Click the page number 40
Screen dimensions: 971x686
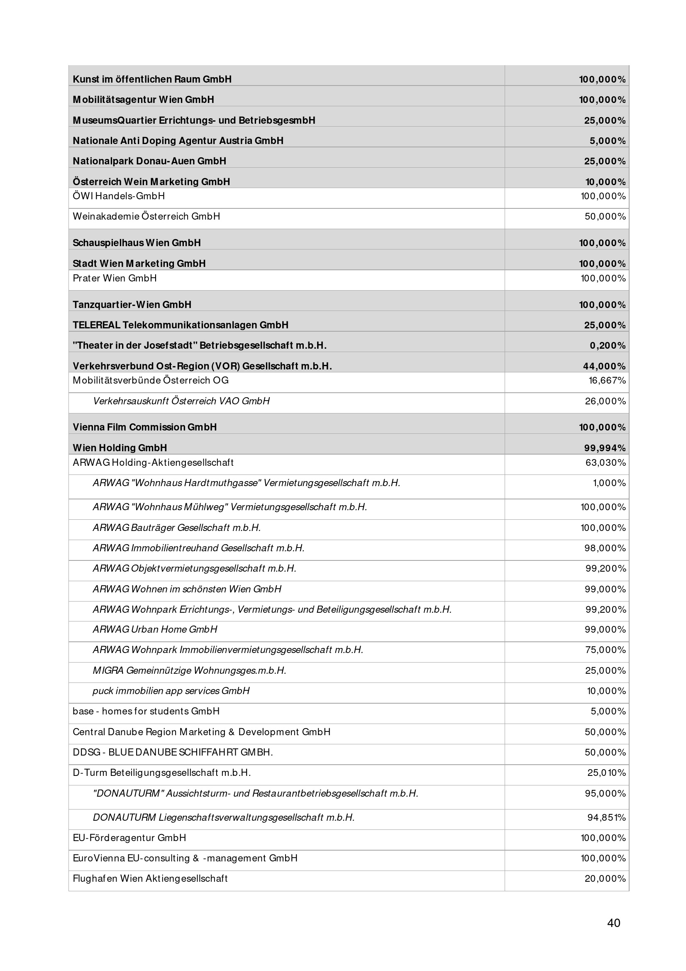[613, 922]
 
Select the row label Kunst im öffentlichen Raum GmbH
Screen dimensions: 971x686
[152, 79]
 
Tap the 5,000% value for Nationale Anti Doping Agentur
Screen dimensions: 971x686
[608, 141]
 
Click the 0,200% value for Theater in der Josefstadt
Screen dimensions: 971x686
[608, 345]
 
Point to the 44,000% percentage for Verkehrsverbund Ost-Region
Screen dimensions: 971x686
[605, 366]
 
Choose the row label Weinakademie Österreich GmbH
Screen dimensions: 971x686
[146, 217]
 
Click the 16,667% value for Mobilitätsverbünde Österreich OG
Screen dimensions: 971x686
[607, 381]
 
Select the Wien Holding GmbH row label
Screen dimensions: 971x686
[120, 448]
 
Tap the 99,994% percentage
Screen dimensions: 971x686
[605, 448]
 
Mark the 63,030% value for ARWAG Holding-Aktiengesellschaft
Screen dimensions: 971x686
[605, 462]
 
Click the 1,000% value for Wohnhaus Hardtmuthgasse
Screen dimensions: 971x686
[609, 483]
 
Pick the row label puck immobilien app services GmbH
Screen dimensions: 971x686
[171, 691]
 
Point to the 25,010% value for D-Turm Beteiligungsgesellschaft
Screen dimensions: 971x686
[606, 773]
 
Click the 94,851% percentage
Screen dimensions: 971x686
[606, 818]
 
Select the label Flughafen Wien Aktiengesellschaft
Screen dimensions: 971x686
[150, 879]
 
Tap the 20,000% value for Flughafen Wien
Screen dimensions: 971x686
[605, 879]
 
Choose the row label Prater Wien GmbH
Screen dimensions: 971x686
[115, 278]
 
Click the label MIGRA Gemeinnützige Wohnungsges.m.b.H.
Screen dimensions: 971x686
[189, 671]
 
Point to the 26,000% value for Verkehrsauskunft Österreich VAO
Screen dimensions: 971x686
[605, 401]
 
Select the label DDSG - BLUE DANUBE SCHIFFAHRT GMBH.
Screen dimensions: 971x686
[173, 752]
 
